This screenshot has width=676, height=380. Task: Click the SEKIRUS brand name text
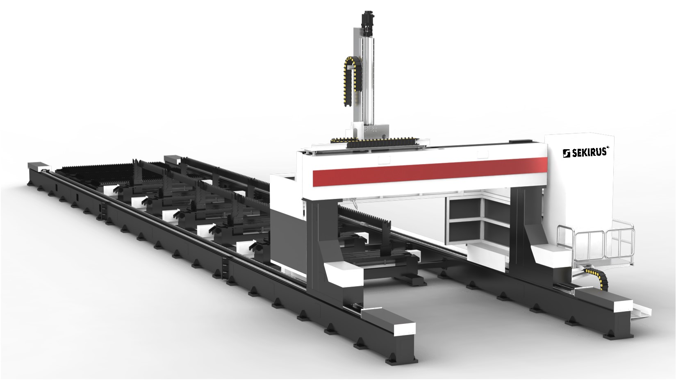click(588, 152)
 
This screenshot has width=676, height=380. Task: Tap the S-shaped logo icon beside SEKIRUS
click(566, 153)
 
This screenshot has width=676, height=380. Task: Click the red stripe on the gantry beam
click(430, 172)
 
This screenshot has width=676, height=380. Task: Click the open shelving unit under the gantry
click(477, 220)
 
